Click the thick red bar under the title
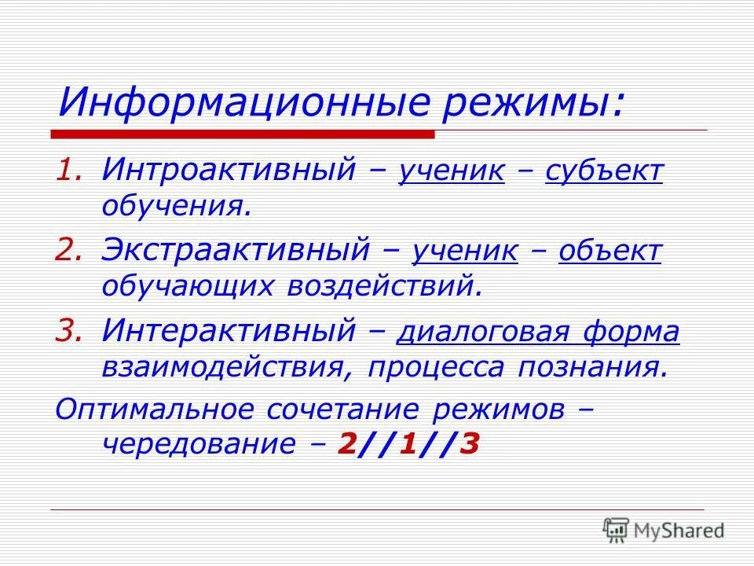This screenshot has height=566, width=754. (243, 134)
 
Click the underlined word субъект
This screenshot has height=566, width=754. (604, 171)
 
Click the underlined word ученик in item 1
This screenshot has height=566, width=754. (452, 171)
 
